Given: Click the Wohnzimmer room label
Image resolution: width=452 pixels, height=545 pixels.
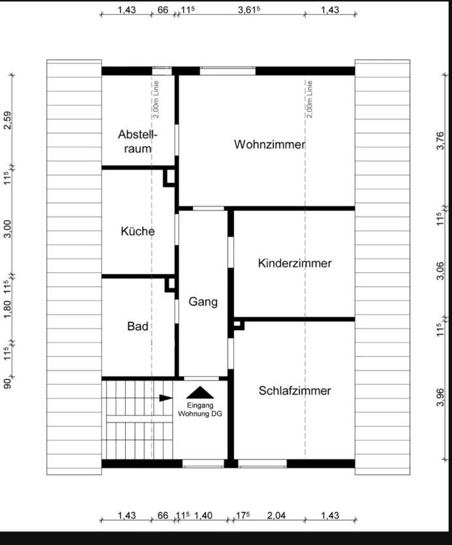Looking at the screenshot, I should point(269,145).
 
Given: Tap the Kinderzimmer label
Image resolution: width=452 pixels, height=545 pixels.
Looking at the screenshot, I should point(295,263).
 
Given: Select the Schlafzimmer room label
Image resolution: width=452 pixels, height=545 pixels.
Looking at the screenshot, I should point(295,391).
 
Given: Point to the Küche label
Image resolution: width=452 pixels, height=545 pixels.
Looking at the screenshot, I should point(138,231).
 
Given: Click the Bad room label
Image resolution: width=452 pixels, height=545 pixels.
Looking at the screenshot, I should point(138,326).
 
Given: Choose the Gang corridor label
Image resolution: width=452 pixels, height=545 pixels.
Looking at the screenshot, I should point(203,301).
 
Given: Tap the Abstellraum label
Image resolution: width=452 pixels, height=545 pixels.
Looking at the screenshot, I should point(135,141).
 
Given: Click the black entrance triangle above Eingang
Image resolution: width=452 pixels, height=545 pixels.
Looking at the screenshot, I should point(200,393).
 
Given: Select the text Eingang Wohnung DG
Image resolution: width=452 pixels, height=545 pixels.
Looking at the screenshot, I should point(200,409).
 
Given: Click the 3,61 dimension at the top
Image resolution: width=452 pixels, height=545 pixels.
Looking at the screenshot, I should point(249,10).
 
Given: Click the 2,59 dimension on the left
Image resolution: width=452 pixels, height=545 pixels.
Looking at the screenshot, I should point(7,120).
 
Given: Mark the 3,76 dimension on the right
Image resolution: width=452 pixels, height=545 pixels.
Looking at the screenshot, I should point(440,141).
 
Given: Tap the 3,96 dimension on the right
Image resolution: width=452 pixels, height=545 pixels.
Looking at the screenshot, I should point(440,397).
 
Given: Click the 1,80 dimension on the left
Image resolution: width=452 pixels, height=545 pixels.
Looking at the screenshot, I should point(7,309).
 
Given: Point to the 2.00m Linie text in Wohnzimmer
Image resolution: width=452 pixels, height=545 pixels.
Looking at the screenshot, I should point(309,99).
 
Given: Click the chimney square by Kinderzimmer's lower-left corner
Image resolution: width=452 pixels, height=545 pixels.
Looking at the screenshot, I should point(238,324).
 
